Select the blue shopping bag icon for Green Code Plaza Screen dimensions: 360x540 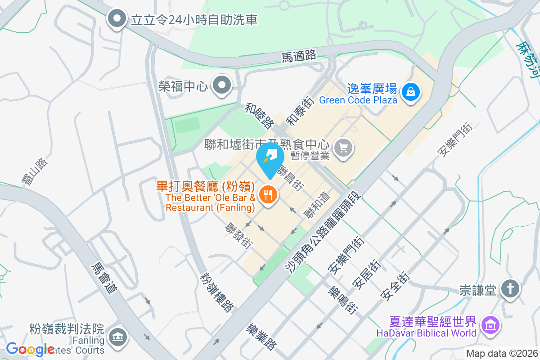click(x=411, y=92)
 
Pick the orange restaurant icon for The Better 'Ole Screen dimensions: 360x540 click(x=269, y=194)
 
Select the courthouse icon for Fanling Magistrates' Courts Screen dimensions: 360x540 click(x=118, y=337)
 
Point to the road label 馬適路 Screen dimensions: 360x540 click(x=299, y=56)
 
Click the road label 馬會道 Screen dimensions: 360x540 click(x=104, y=278)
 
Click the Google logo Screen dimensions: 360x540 click(x=30, y=349)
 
